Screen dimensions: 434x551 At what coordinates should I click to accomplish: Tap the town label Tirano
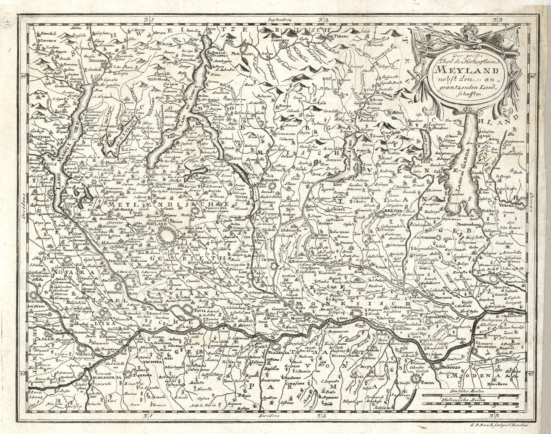coord(339,37)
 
